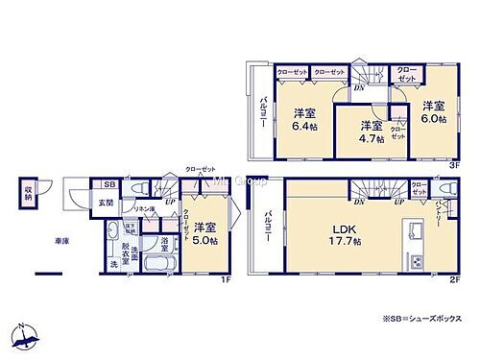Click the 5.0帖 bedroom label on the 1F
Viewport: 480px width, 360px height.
204,233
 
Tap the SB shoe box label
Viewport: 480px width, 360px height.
109,185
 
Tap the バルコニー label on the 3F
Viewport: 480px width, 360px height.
261,113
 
